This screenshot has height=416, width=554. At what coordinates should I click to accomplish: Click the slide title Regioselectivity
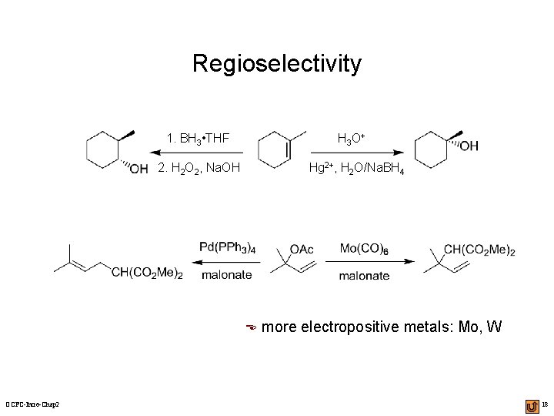276,63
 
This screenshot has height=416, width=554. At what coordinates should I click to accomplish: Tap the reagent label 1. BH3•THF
199,139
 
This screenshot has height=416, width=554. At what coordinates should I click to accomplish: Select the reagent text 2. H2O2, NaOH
199,168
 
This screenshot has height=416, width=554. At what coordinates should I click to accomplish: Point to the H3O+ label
350,139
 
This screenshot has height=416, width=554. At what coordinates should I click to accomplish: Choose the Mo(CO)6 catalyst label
364,247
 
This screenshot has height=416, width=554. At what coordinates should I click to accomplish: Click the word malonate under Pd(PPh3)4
226,275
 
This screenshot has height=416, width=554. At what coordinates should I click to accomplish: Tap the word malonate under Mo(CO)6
364,275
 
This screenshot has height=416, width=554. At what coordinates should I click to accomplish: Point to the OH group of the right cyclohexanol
468,146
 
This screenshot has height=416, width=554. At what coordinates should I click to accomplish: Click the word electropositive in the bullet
350,327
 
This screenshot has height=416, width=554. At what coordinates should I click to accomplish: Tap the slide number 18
544,404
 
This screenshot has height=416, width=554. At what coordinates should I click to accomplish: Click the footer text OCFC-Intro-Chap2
34,405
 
